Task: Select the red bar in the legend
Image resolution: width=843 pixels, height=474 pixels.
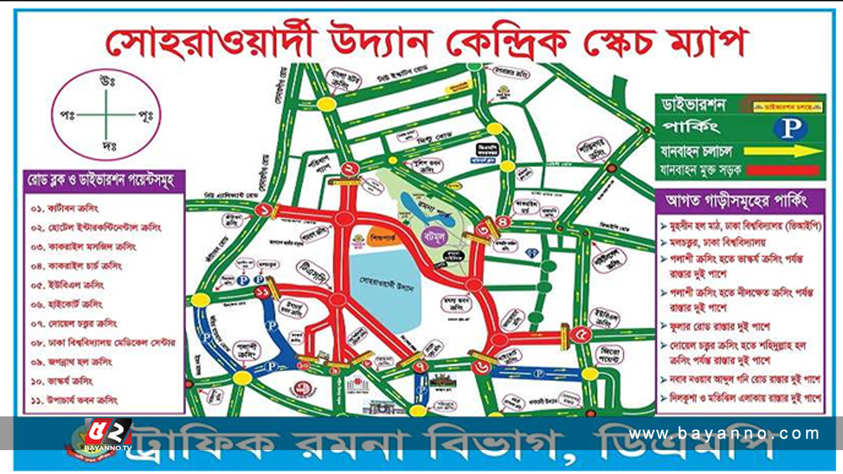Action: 786,170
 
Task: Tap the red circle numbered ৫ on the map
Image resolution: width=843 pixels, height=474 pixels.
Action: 582,334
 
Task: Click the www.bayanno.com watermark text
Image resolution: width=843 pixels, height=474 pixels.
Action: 724,433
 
